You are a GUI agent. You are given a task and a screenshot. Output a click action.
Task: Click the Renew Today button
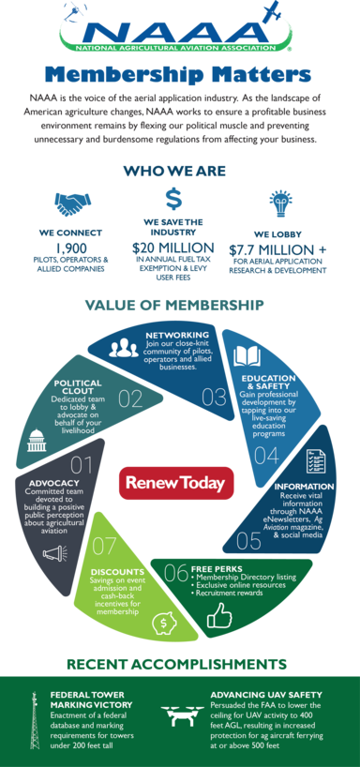point(175,483)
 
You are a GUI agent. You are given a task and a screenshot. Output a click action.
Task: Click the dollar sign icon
point(173,199)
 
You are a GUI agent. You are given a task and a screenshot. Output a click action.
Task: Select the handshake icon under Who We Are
point(67,202)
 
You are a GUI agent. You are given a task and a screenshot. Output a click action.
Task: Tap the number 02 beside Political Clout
point(129,399)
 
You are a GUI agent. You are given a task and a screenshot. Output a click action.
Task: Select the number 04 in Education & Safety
point(266,456)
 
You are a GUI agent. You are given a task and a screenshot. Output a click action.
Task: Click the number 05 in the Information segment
point(248,540)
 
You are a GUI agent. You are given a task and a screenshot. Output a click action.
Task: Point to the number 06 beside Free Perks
point(176,571)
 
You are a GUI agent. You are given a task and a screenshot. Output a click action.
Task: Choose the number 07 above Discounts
point(104,545)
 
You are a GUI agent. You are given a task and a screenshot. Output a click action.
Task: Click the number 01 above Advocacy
point(81,464)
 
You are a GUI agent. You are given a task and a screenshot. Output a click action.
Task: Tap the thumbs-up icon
point(218,614)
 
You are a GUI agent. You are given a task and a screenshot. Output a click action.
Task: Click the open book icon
point(247,356)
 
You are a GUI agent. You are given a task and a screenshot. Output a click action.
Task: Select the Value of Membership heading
point(174,305)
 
